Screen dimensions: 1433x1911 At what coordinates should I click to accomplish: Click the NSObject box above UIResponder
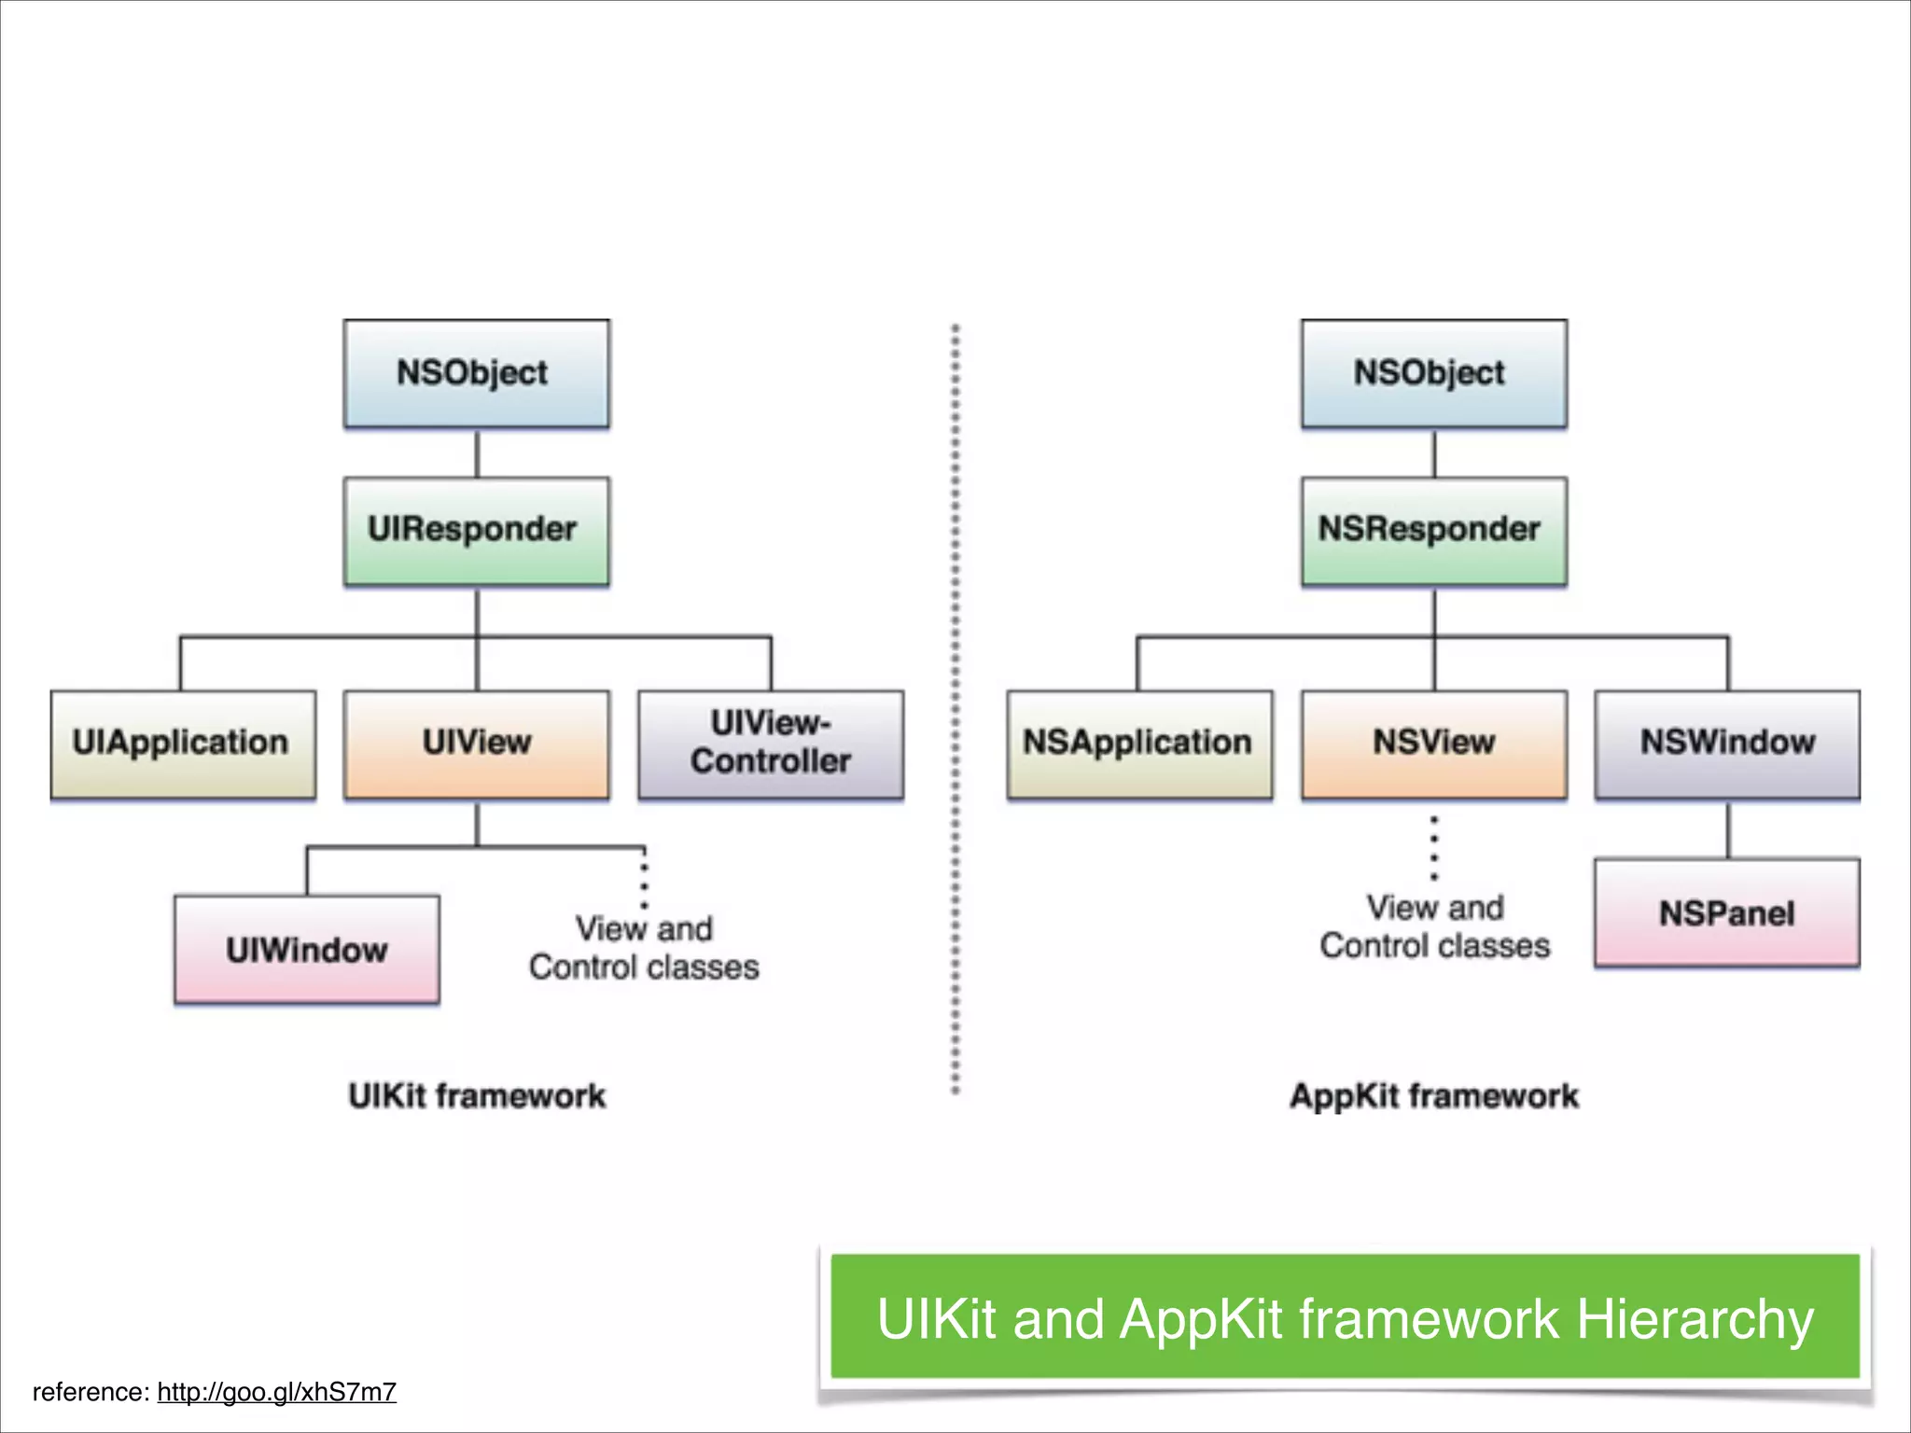[x=476, y=373]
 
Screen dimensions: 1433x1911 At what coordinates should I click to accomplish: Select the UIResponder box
[x=476, y=531]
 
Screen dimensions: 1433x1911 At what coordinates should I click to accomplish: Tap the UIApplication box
[x=183, y=744]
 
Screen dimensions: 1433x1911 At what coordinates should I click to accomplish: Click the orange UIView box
[x=476, y=744]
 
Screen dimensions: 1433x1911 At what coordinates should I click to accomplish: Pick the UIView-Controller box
[x=771, y=744]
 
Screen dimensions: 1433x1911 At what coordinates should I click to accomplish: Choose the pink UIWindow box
[x=307, y=949]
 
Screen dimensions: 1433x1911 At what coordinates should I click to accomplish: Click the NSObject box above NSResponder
[x=1433, y=373]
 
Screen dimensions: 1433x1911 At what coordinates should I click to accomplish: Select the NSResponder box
[x=1433, y=531]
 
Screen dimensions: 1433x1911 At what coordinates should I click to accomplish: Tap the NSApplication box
[x=1139, y=744]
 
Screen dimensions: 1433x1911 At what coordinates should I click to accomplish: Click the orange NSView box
[x=1433, y=744]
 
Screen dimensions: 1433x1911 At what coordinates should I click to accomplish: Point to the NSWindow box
[x=1727, y=744]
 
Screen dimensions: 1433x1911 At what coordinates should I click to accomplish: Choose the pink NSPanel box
[x=1727, y=912]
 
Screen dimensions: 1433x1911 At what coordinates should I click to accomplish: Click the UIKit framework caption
[x=477, y=1095]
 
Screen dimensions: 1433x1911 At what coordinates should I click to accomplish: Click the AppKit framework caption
[x=1434, y=1095]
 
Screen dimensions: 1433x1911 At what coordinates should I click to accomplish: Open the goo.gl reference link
[x=276, y=1392]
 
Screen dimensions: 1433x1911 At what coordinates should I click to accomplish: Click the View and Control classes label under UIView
[x=644, y=948]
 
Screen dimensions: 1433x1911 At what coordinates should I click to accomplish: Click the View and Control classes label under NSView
[x=1434, y=926]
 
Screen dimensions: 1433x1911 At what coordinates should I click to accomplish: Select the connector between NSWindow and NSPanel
[x=1728, y=829]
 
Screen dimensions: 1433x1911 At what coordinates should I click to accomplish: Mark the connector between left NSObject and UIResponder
[x=477, y=453]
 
